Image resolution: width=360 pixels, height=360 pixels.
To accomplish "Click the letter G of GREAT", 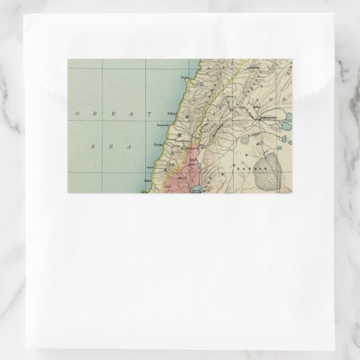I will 75,115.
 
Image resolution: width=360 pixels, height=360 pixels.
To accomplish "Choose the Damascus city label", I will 265,115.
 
